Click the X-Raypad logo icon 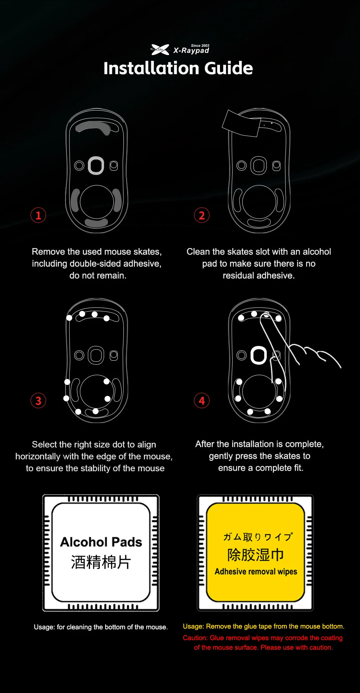click(160, 50)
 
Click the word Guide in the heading click(229, 68)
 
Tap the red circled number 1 click(38, 215)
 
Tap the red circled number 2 click(202, 215)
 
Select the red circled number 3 click(38, 401)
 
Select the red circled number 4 click(202, 401)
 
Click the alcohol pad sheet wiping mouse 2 click(240, 123)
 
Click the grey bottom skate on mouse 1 click(96, 223)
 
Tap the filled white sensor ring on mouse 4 click(258, 355)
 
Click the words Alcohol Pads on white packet click(101, 542)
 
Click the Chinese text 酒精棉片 click(101, 562)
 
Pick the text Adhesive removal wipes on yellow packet click(256, 572)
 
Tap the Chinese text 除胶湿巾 click(256, 555)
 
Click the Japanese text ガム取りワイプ click(258, 537)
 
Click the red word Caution click(195, 638)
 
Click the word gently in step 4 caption click(221, 456)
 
